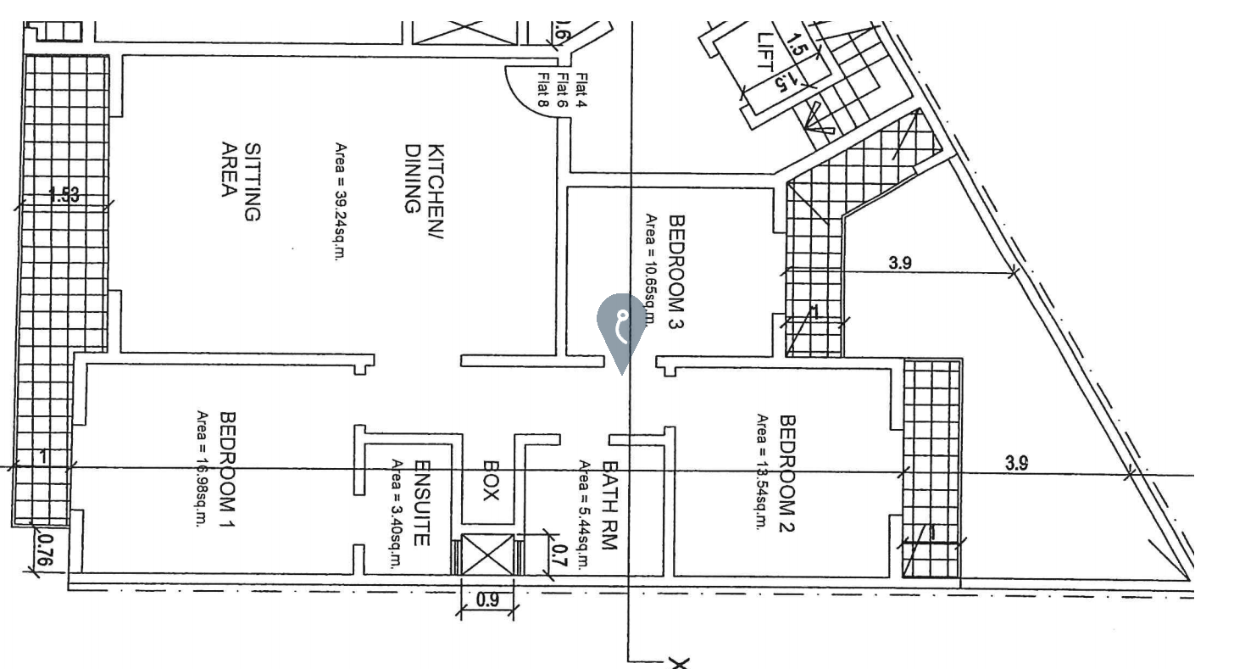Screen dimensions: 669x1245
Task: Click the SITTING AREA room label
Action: click(240, 181)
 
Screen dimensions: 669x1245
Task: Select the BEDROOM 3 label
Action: click(676, 270)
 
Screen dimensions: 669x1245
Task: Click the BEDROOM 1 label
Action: click(228, 469)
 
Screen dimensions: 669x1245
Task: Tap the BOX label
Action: click(490, 480)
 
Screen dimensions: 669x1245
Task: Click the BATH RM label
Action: click(609, 505)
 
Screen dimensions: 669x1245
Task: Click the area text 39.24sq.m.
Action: click(341, 203)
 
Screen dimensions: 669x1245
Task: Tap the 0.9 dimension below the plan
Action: click(487, 599)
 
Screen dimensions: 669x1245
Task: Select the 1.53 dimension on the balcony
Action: click(64, 195)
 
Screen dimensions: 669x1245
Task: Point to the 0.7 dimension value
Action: click(559, 556)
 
